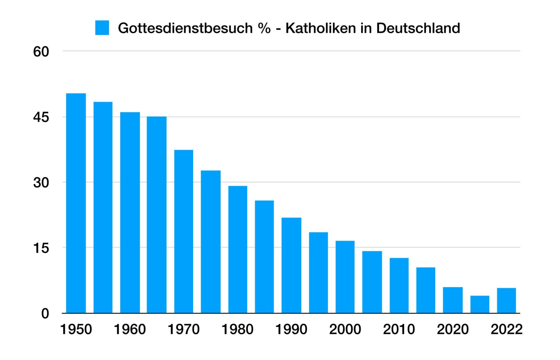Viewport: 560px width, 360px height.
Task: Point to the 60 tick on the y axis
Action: click(x=41, y=52)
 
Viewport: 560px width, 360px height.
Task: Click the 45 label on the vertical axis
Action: click(x=41, y=117)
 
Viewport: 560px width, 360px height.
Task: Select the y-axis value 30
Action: click(x=41, y=183)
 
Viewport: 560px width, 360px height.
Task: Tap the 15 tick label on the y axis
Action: click(x=41, y=248)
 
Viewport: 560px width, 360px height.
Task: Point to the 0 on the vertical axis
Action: click(x=45, y=313)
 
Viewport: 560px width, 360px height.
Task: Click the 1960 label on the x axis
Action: click(x=130, y=329)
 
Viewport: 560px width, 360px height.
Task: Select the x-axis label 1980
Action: click(x=237, y=329)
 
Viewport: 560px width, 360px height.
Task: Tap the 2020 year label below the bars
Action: click(x=453, y=329)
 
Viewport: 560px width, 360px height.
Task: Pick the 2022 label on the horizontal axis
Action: click(x=506, y=329)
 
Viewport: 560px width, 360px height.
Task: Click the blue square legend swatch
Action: click(x=102, y=28)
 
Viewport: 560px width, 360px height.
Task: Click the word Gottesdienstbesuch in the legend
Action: click(x=185, y=28)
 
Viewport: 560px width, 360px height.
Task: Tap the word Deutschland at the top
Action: click(x=418, y=28)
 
